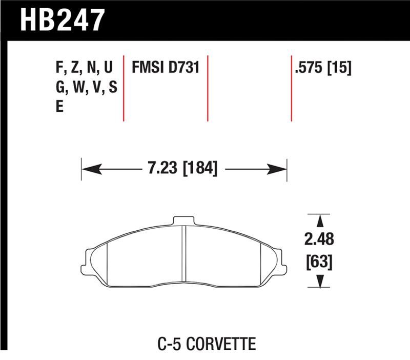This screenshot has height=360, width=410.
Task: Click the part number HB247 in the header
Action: (61, 21)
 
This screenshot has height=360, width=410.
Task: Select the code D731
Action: (182, 69)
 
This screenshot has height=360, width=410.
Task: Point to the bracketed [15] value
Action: (339, 69)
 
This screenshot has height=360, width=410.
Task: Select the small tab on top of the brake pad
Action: (184, 221)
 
